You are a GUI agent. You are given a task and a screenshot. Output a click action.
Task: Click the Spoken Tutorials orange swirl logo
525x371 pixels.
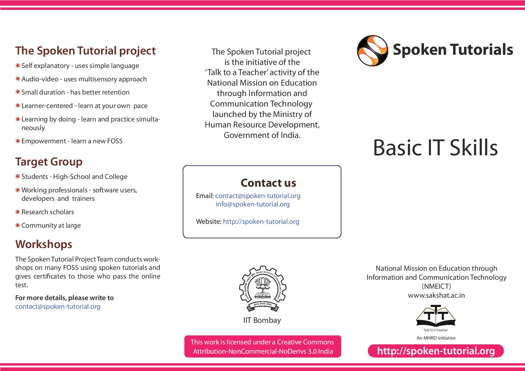(x=372, y=51)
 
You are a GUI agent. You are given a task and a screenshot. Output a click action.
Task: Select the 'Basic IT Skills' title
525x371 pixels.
(x=435, y=148)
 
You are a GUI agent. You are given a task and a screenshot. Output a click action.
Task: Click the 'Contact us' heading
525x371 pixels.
(x=268, y=183)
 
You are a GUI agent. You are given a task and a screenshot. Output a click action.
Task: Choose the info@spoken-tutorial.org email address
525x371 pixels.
(x=253, y=204)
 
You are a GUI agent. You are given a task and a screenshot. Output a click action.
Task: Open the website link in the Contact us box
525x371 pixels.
(x=261, y=222)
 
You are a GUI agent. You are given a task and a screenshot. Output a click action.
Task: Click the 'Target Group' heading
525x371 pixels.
(x=49, y=162)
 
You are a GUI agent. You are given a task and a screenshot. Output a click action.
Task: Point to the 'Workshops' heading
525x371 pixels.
(x=44, y=244)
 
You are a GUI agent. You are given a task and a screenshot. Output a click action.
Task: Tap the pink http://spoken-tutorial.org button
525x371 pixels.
(x=436, y=351)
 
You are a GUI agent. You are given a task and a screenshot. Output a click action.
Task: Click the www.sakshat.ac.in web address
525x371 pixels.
(x=436, y=295)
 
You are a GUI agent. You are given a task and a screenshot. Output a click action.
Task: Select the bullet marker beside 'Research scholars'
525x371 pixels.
(x=18, y=212)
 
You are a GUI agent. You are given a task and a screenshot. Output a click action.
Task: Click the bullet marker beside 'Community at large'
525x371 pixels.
(x=18, y=225)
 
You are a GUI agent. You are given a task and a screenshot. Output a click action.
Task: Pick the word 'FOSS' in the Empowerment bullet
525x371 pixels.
(x=115, y=141)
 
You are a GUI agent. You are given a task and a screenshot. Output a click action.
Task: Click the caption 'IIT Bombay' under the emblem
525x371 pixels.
(x=262, y=320)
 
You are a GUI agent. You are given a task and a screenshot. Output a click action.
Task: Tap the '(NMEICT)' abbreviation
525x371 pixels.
(x=436, y=286)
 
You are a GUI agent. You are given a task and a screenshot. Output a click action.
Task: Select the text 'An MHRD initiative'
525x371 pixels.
(x=436, y=338)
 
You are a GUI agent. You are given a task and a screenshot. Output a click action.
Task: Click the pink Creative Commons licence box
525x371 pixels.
(x=262, y=346)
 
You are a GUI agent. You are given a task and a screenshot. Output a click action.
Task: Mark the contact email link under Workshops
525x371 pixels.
(x=58, y=307)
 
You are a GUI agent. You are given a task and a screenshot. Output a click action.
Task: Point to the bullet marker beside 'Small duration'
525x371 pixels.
(x=18, y=92)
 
